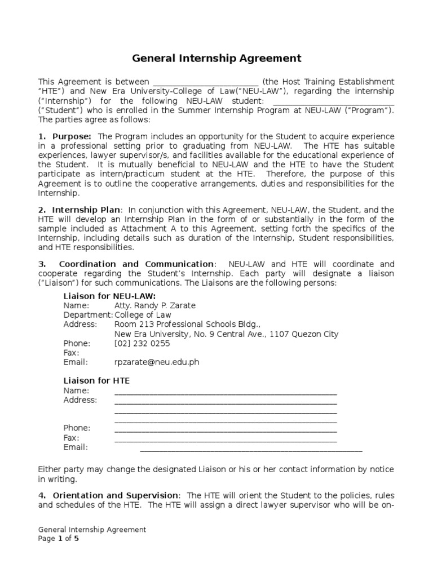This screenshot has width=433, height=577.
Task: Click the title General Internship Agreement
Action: coord(216,58)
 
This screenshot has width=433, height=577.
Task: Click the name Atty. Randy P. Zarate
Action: coord(155,305)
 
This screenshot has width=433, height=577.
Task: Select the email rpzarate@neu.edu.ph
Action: coord(157,362)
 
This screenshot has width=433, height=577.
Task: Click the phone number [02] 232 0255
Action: coord(142,343)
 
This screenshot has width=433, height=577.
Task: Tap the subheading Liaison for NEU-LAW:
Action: coord(109,296)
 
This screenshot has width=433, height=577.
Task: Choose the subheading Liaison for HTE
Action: coord(96,381)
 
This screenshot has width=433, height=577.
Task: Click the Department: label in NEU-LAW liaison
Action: coord(88,315)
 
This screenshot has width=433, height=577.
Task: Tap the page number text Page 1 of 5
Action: coord(59,539)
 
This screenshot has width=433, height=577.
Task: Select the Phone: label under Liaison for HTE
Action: coord(77,428)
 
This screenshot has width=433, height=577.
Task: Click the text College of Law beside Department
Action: coord(143,315)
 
